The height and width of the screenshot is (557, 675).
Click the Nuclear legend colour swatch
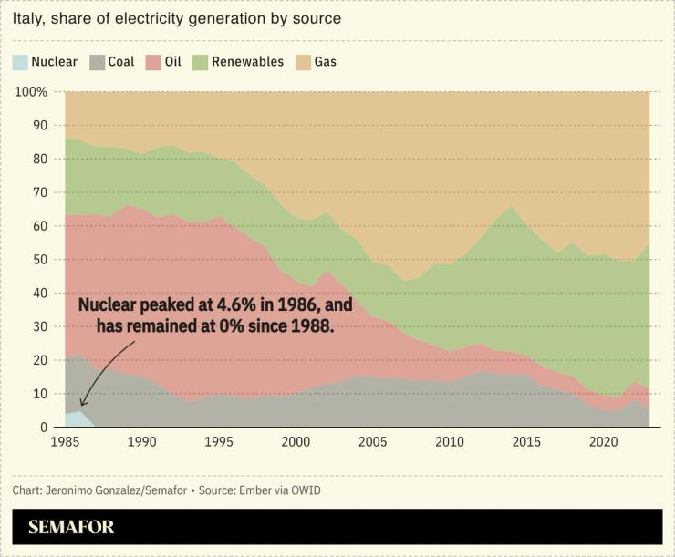coord(20,62)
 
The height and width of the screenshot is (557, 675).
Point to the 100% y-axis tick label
coord(32,92)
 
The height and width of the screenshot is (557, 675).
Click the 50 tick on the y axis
coord(39,260)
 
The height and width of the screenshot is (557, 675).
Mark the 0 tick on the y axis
coord(43,428)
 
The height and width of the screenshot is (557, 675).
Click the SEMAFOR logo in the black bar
coord(71,527)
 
